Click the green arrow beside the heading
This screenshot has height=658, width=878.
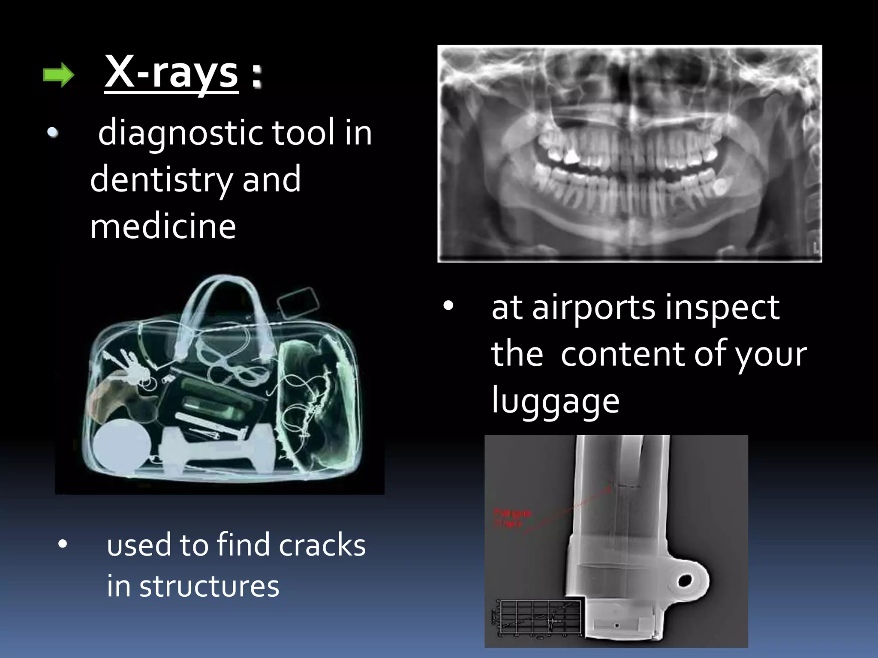coord(59,75)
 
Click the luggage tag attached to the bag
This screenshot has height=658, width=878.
coord(298,302)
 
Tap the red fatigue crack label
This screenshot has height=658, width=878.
coord(513,518)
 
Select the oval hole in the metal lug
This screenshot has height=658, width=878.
coord(684,581)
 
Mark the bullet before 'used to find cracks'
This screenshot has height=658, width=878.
coord(63,544)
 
